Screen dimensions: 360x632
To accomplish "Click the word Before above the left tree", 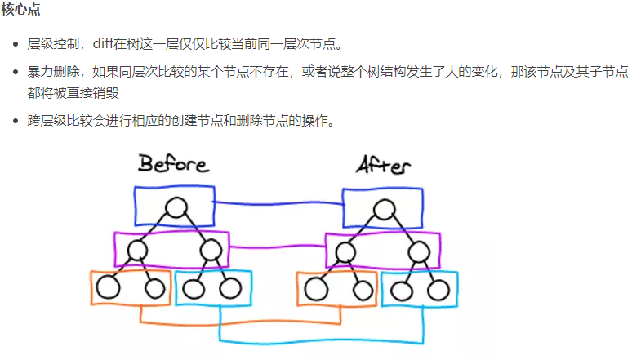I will (173, 163).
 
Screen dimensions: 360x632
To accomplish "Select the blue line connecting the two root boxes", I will (278, 203).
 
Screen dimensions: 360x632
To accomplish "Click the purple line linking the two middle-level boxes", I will (278, 246).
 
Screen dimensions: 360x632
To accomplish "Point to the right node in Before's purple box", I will (210, 250).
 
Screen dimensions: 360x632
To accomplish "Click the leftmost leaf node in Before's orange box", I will (108, 287).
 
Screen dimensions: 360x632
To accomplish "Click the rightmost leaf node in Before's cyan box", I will (230, 287).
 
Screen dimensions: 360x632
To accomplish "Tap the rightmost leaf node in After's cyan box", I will (439, 288).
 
